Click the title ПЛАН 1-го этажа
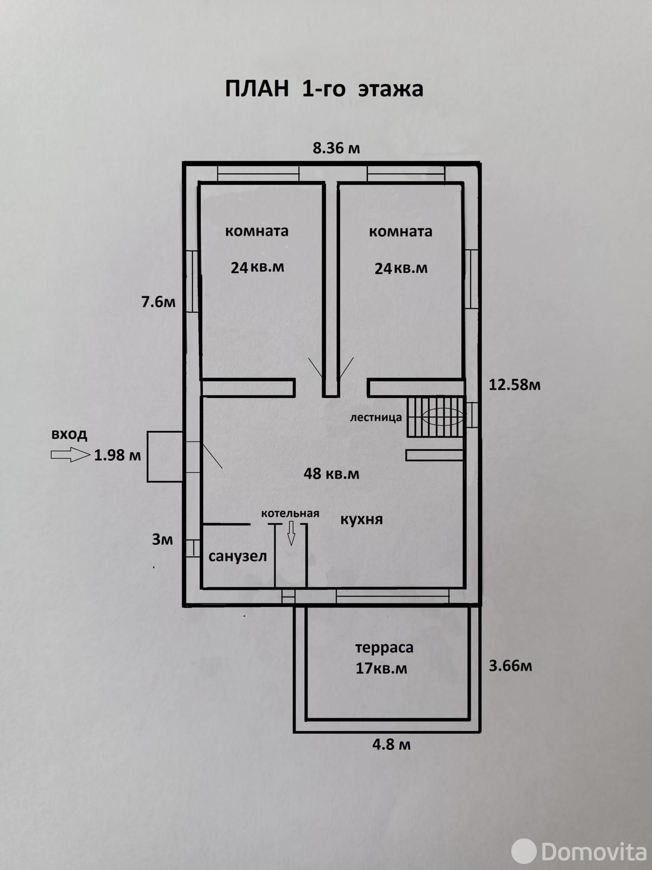pyautogui.click(x=324, y=89)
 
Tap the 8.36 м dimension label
pyautogui.click(x=336, y=148)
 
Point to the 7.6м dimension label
pyautogui.click(x=158, y=302)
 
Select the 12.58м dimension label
pyautogui.click(x=515, y=385)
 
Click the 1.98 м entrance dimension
pyautogui.click(x=117, y=456)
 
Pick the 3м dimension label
pyautogui.click(x=162, y=539)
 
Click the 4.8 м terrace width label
pyautogui.click(x=392, y=745)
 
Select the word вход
pyautogui.click(x=70, y=435)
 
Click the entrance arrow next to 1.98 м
pyautogui.click(x=71, y=455)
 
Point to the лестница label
pyautogui.click(x=375, y=418)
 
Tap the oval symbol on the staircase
pyautogui.click(x=443, y=417)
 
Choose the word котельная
pyautogui.click(x=290, y=514)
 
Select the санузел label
pyautogui.click(x=237, y=556)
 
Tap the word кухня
pyautogui.click(x=362, y=520)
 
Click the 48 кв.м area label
pyautogui.click(x=331, y=474)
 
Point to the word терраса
pyautogui.click(x=384, y=648)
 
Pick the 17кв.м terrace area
pyautogui.click(x=381, y=669)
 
